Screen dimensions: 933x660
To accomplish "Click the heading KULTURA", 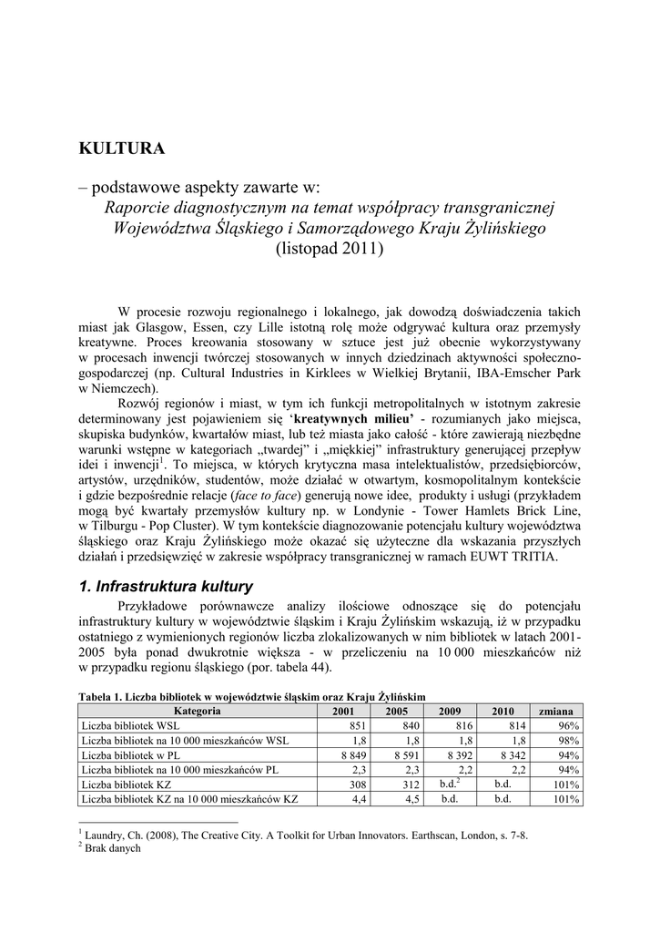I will point(122,147).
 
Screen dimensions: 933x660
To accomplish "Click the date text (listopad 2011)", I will point(330,249).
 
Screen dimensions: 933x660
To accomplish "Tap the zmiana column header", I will point(555,711).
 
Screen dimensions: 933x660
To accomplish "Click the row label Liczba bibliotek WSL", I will point(130,725).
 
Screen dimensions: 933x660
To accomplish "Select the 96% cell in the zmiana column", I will point(569,725).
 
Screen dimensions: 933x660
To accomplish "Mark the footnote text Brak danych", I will point(114,847).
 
